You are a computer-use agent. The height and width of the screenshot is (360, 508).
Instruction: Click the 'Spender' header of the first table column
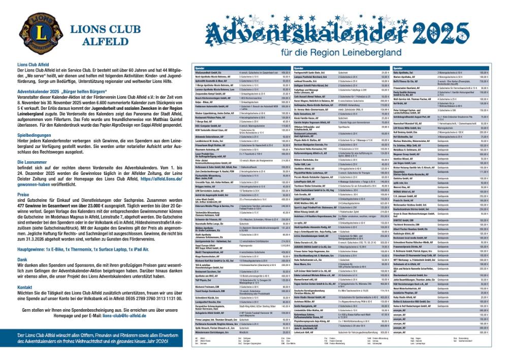[199, 68]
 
